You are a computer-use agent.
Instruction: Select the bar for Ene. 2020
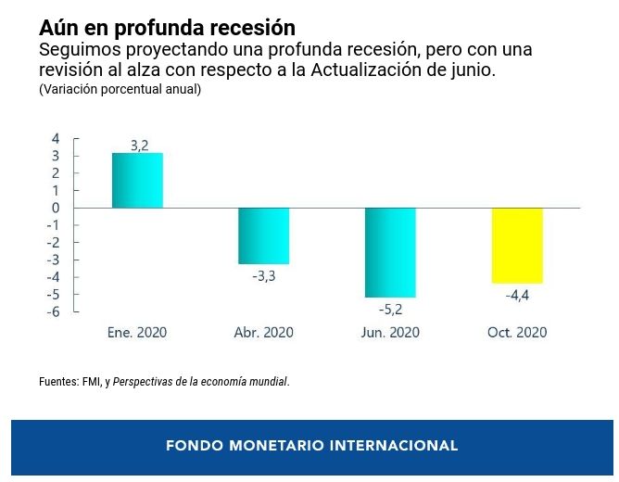137,181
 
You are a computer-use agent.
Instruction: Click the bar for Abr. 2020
264,235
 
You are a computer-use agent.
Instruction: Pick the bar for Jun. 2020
390,252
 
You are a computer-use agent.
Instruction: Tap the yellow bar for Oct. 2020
517,245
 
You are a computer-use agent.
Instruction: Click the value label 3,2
139,146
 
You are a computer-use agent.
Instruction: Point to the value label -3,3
264,275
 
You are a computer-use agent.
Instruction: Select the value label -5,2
390,309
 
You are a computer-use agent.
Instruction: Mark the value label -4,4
517,296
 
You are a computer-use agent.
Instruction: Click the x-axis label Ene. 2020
137,332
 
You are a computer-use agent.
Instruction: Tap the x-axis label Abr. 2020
264,332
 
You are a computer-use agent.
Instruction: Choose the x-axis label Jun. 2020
390,332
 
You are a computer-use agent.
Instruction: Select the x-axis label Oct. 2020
517,332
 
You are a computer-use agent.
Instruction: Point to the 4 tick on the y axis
56,138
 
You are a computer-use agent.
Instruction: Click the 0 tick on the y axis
56,208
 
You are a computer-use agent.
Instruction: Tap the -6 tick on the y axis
54,311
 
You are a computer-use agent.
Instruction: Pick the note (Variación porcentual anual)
120,90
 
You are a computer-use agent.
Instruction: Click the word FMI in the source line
91,381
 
